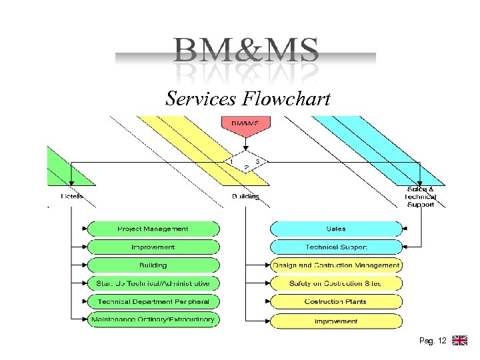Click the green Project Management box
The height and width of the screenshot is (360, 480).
tap(153, 229)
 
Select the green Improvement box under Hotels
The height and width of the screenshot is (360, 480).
tap(153, 247)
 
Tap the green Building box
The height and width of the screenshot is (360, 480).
tap(153, 265)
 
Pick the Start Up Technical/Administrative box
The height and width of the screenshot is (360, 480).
tap(153, 283)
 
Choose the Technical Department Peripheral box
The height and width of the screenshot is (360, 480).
tap(153, 301)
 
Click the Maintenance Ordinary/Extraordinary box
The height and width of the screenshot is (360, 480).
tap(153, 320)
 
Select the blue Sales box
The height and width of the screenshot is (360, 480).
tap(336, 229)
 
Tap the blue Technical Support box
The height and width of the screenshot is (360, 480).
tap(336, 247)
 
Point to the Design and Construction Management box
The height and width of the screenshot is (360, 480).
tap(336, 265)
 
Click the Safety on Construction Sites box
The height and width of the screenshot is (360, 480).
tap(336, 283)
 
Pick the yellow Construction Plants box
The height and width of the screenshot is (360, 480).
tap(336, 301)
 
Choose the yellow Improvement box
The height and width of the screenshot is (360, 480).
tap(336, 321)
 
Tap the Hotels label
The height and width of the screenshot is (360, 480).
tap(71, 197)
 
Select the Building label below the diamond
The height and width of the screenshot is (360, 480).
tap(245, 197)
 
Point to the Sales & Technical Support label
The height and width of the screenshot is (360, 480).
tap(420, 197)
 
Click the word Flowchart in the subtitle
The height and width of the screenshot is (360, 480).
tap(287, 99)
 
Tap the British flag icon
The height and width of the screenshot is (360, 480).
tap(459, 341)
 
